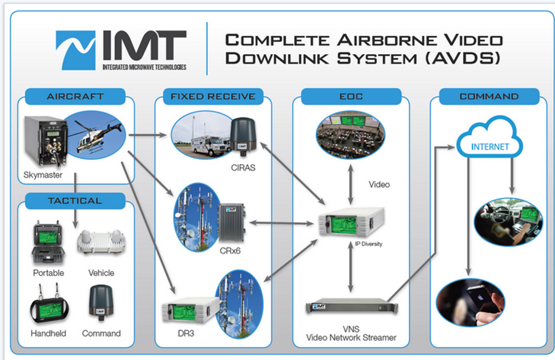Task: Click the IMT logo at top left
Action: pos(121,51)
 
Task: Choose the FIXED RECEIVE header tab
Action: pos(213,97)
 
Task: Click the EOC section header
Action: pos(351,97)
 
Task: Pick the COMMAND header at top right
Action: pos(489,97)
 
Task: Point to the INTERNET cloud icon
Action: pos(490,144)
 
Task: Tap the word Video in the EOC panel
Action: pos(379,184)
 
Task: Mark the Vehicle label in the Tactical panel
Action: pos(101,273)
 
